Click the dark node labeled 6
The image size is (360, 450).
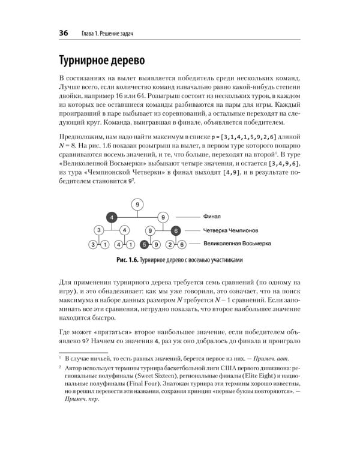[x=176, y=230]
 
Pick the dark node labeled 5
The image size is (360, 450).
[x=144, y=244]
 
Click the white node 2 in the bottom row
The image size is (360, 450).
[x=169, y=244]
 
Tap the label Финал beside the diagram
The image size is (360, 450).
[x=213, y=217]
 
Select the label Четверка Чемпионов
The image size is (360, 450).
[x=231, y=230]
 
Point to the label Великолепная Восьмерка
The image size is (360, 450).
[x=237, y=244]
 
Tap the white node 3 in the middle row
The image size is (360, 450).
[x=98, y=230]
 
